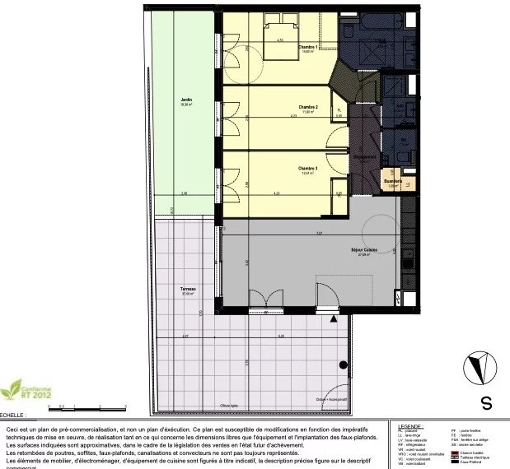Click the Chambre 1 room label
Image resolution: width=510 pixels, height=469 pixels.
click(310, 47)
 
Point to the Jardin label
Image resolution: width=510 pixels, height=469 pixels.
click(186, 100)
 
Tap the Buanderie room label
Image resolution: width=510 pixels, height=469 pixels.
click(393, 181)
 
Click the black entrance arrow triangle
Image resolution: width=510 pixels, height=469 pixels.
click(333, 317)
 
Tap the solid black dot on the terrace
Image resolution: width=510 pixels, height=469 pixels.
click(339, 365)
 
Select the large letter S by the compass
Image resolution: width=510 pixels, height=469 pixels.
click(486, 404)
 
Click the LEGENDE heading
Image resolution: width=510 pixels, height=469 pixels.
click(412, 425)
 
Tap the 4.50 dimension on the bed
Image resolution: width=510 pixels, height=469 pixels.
click(280, 39)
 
